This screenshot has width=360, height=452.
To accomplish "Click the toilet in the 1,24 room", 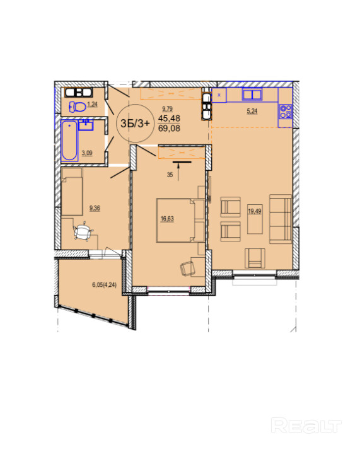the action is click(78, 107).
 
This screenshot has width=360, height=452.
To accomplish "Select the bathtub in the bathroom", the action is click(69, 141).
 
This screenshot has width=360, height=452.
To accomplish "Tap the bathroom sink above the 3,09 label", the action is click(86, 125).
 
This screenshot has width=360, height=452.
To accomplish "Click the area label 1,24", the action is click(92, 105).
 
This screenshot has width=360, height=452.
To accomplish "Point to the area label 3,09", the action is click(87, 153).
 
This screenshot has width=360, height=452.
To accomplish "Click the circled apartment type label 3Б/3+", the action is click(135, 124).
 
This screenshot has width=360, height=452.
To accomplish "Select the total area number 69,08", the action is click(169, 128).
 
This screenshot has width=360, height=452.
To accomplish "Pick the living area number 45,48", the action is click(169, 118).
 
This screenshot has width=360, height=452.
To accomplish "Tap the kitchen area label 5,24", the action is click(252, 111).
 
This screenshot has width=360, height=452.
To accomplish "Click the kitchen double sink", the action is click(252, 95).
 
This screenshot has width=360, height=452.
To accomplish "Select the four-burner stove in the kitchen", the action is click(286, 112).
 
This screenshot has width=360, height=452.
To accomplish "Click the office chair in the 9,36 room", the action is click(83, 231).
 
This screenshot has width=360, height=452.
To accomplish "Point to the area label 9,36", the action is click(95, 208).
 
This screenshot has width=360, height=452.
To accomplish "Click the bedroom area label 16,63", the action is click(167, 219).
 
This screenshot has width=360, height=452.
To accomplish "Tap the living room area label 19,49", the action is click(255, 211).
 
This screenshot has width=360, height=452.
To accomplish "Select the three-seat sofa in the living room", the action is click(281, 219).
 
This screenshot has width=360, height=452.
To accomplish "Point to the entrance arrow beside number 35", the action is click(178, 172).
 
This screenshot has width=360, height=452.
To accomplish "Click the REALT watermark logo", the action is click(306, 425).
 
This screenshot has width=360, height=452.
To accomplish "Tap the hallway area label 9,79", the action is click(167, 108).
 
